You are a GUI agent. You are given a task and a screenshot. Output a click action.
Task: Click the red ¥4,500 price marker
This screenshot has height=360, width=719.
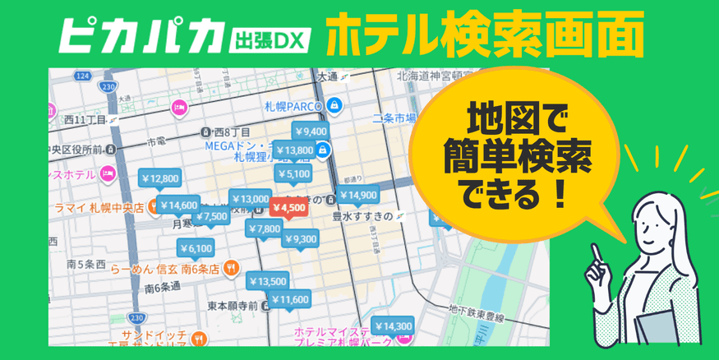click(x=288, y=208)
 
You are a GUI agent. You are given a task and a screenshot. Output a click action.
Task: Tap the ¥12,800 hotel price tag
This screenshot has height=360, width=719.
click(x=159, y=178)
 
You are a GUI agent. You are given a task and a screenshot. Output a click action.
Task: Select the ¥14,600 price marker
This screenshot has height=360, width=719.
click(x=178, y=205)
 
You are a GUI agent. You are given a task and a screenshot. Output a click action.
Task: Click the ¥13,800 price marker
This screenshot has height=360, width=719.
click(x=293, y=150)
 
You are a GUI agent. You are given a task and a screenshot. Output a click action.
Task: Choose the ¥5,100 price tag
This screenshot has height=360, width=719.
click(x=293, y=174)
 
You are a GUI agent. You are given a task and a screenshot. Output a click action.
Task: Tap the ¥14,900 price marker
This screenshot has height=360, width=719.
click(x=357, y=195)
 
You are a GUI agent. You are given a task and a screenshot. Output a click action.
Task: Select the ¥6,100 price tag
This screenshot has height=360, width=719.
click(x=196, y=248)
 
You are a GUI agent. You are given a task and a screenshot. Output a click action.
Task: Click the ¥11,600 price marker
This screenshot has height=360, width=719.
click(x=289, y=300)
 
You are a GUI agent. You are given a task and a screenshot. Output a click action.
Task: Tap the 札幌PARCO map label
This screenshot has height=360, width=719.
click(x=293, y=106)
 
